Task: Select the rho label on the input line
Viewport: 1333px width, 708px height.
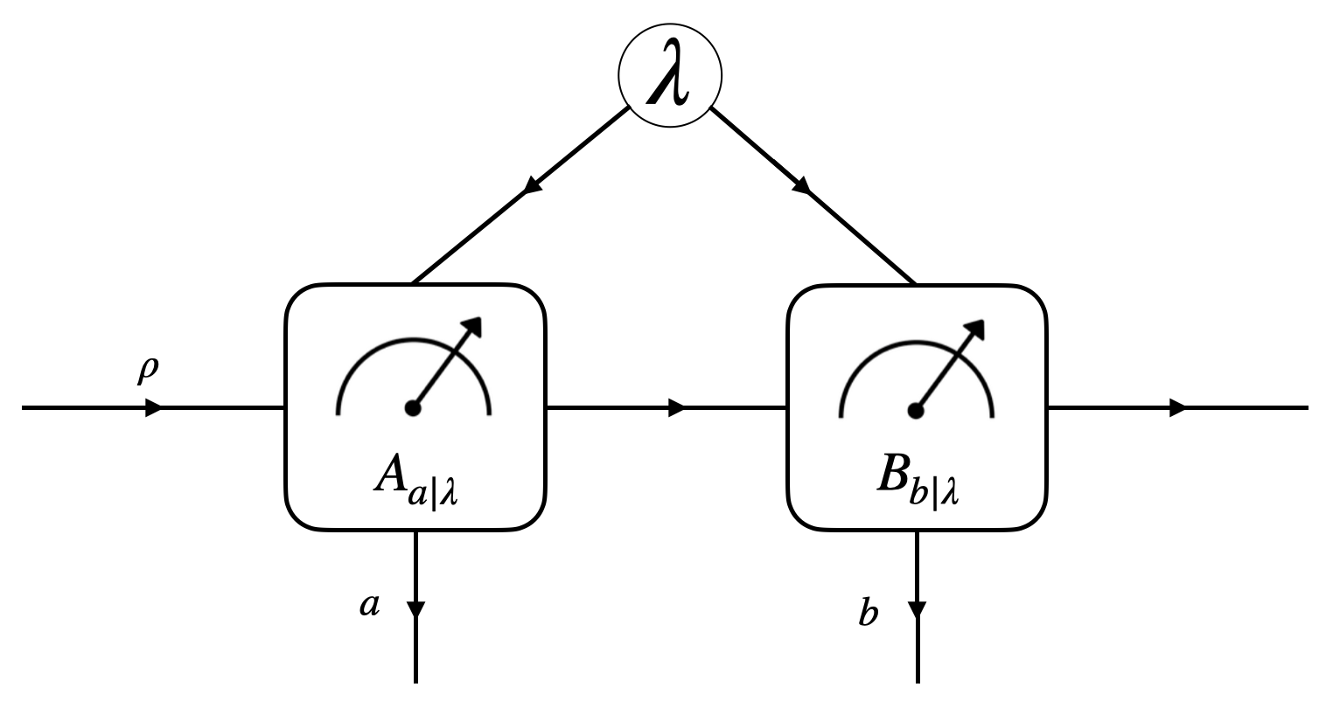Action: coord(147,371)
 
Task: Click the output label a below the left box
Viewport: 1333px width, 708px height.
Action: coord(369,605)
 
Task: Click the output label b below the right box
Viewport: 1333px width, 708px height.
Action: coord(868,614)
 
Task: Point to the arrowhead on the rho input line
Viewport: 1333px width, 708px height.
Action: coord(153,408)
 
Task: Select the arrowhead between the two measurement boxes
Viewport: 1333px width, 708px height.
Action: coord(676,408)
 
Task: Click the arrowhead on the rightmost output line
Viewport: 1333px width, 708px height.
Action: coord(1178,408)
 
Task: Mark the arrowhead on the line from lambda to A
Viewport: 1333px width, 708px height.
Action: coord(530,186)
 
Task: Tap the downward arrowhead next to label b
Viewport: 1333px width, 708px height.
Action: coord(917,607)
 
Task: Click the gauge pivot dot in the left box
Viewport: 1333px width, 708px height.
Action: coord(414,408)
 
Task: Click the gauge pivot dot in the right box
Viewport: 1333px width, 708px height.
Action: coord(916,408)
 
